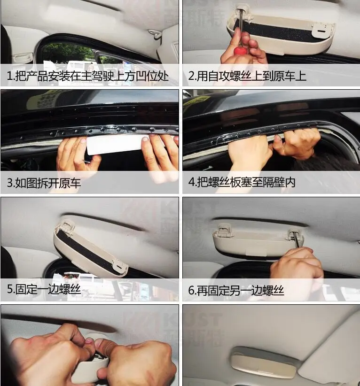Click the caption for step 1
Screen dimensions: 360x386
pyautogui.click(x=87, y=76)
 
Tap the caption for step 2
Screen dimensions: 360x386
pyautogui.click(x=247, y=76)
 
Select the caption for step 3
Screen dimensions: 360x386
pyautogui.click(x=44, y=183)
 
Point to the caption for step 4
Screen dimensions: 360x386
pyautogui.click(x=242, y=182)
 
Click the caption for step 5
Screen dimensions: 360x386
pyautogui.click(x=44, y=289)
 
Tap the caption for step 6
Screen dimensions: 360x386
pyautogui.click(x=236, y=291)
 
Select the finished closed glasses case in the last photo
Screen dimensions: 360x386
pyautogui.click(x=264, y=362)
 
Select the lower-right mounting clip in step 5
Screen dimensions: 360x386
pyautogui.click(x=119, y=267)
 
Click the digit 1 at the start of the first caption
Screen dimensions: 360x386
pyautogui.click(x=9, y=77)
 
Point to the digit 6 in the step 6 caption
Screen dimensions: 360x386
pyautogui.click(x=191, y=291)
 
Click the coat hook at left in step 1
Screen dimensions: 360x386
pyautogui.click(x=23, y=58)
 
